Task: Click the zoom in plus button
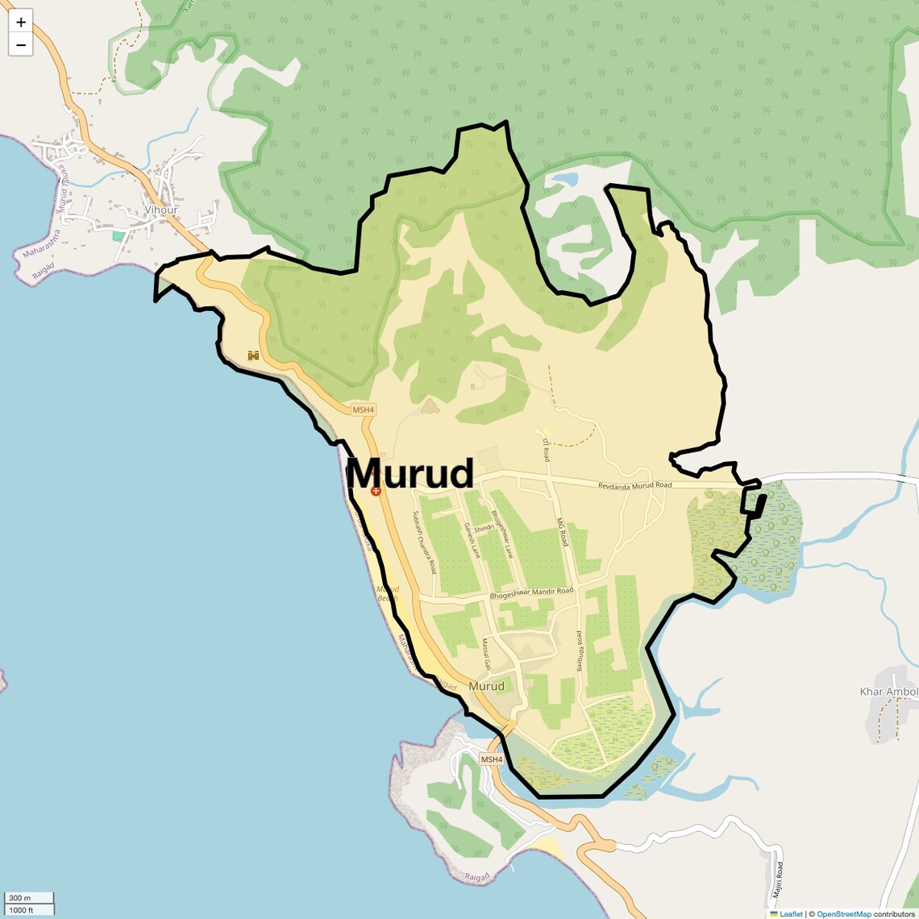[x=21, y=22]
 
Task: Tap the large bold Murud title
[x=410, y=474]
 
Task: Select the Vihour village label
[x=160, y=210]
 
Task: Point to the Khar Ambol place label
[x=888, y=692]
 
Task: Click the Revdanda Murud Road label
[x=634, y=485]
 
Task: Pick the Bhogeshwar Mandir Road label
[x=531, y=593]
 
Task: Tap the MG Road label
[x=563, y=532]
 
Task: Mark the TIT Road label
[x=546, y=449]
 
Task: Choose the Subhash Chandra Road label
[x=424, y=542]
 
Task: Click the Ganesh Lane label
[x=471, y=540]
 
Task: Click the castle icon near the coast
[x=253, y=356]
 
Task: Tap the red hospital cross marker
[x=376, y=491]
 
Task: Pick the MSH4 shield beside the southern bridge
[x=491, y=759]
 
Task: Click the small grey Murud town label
[x=486, y=686]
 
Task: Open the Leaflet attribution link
[x=790, y=913]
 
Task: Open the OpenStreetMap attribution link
[x=843, y=913]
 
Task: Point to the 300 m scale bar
[x=29, y=898]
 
